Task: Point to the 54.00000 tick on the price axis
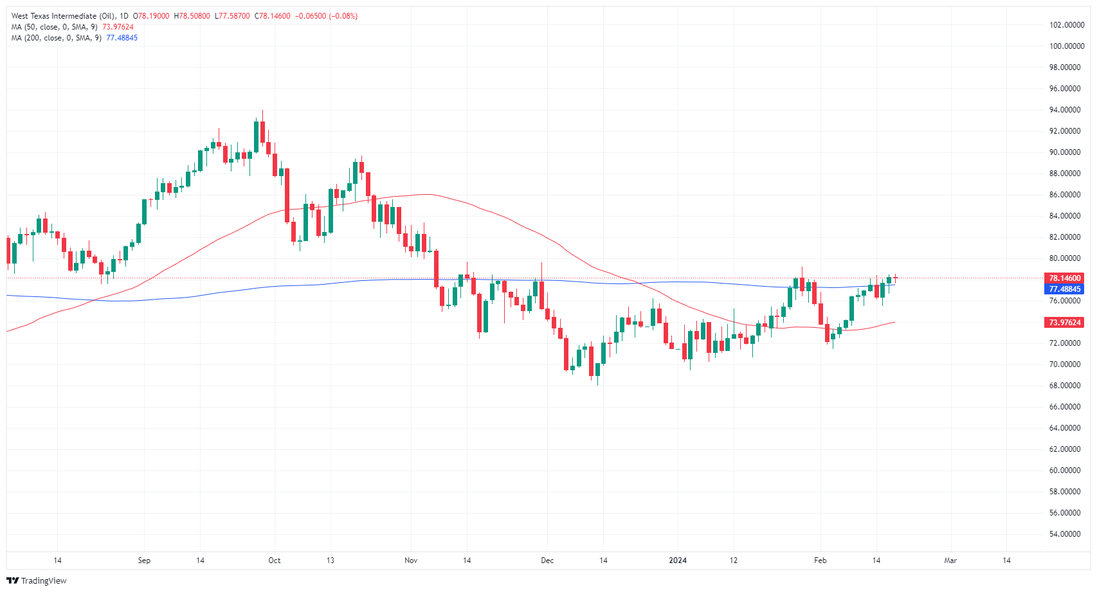click(x=1065, y=534)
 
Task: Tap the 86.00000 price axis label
click(x=1065, y=195)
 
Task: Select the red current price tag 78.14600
click(x=1065, y=278)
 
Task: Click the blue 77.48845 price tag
click(x=1065, y=289)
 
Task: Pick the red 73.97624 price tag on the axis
click(x=1065, y=323)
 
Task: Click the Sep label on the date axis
click(x=144, y=561)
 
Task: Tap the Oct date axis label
click(x=275, y=561)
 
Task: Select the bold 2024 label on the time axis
click(x=678, y=561)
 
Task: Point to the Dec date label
click(x=547, y=561)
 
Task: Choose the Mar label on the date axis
click(x=950, y=561)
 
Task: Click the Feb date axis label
click(x=820, y=561)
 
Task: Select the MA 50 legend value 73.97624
click(x=118, y=27)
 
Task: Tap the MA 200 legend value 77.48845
click(x=122, y=38)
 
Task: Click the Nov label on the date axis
click(x=411, y=561)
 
